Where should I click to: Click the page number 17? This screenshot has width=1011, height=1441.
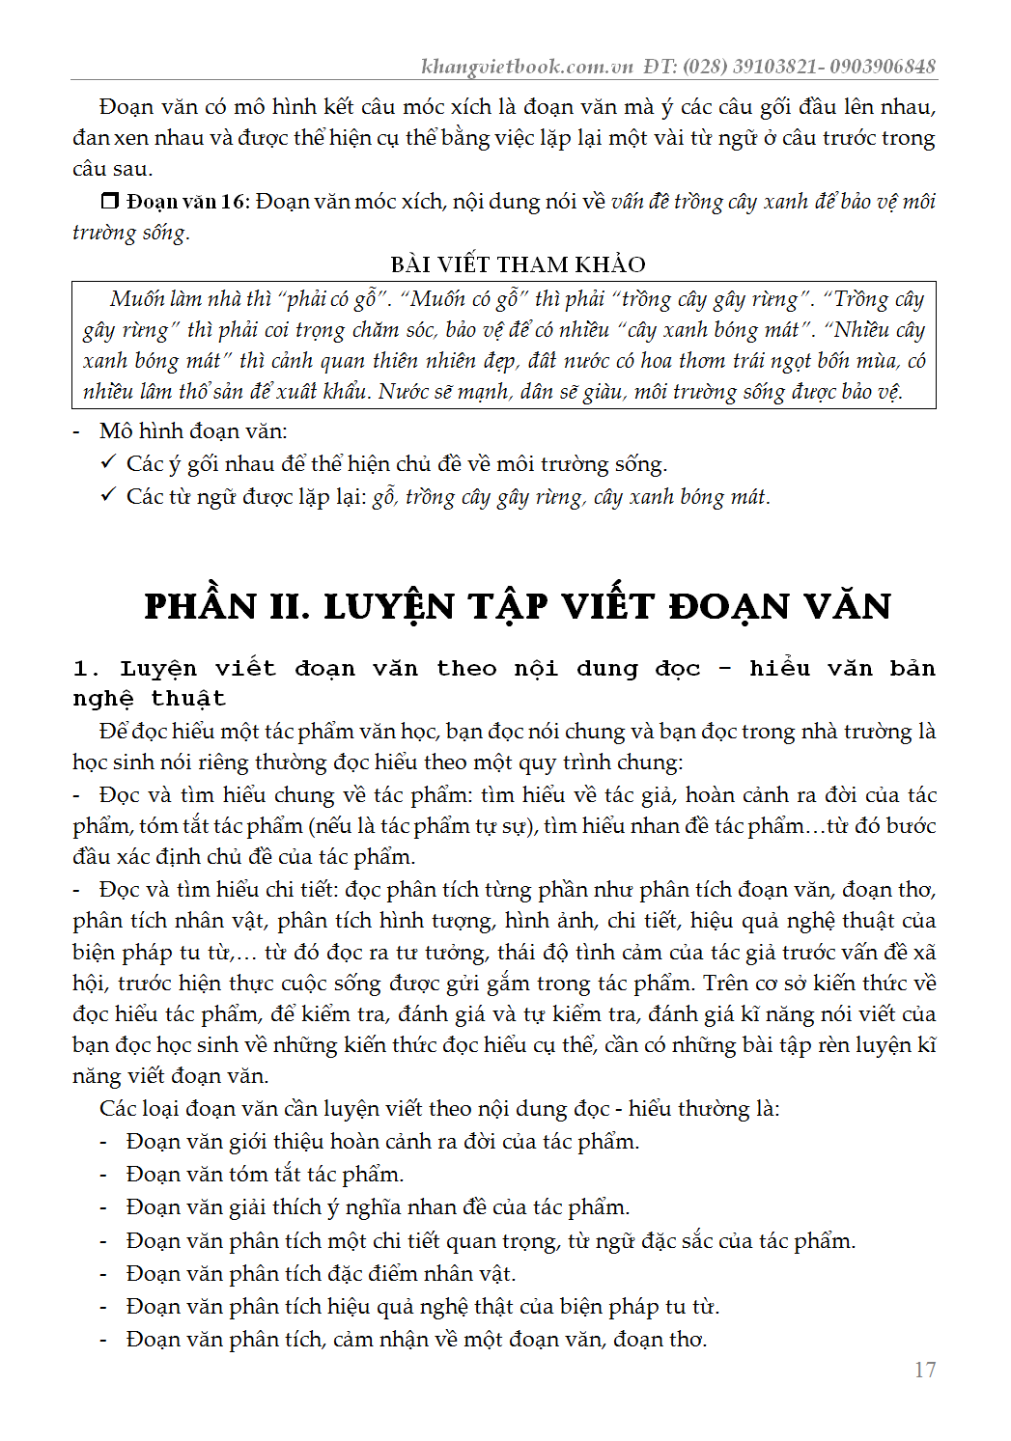pos(924,1370)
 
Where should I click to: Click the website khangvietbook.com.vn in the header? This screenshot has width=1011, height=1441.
pos(526,66)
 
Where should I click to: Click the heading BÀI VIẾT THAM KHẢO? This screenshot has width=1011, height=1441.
pos(518,264)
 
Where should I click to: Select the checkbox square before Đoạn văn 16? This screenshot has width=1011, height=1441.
pos(110,201)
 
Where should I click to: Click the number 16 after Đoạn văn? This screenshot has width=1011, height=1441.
pos(234,202)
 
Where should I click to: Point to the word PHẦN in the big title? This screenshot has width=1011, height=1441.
pos(201,606)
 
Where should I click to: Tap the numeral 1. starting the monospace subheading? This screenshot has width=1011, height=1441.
pos(86,669)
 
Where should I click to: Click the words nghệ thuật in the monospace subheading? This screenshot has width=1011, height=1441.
pos(149,699)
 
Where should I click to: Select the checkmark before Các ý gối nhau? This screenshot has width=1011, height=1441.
pos(108,463)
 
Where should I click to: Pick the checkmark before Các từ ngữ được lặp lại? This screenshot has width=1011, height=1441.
pos(108,496)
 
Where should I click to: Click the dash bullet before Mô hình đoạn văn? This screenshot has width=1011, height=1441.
pos(77,431)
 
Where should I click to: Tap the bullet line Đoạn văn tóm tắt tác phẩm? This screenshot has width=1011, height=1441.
pos(265,1175)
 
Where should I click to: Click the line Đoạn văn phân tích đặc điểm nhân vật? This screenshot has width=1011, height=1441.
pos(321,1274)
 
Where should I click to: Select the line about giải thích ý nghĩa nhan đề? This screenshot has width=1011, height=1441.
pos(378,1207)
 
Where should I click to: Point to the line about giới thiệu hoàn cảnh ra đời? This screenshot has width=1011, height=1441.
pos(382,1142)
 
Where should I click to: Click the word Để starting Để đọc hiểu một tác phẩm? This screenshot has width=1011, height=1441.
pos(112,732)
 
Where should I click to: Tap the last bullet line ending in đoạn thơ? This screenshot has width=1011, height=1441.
pos(416,1340)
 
